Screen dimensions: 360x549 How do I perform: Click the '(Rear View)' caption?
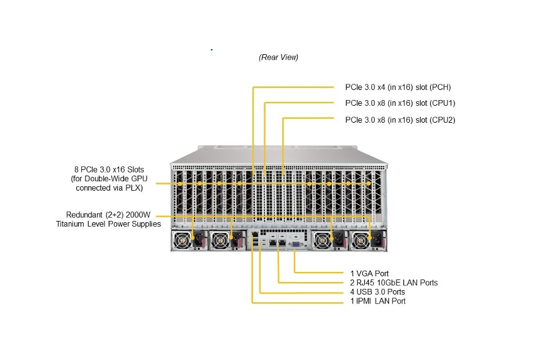[278, 57]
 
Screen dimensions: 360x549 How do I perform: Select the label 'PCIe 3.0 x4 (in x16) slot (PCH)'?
[398, 87]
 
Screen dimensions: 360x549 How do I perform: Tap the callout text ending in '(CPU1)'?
[400, 103]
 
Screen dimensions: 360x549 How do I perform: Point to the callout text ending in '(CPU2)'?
[400, 120]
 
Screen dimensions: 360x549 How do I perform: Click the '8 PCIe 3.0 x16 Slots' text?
[108, 169]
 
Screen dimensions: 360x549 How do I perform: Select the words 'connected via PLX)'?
[109, 188]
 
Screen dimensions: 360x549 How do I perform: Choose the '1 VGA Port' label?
[370, 274]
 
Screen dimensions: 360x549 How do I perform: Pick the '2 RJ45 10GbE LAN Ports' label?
[393, 283]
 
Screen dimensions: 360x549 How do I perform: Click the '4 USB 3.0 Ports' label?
[378, 292]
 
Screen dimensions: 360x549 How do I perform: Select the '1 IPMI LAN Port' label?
[378, 301]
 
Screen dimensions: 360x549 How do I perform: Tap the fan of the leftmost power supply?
[183, 240]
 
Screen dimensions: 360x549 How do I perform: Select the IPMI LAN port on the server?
[253, 233]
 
